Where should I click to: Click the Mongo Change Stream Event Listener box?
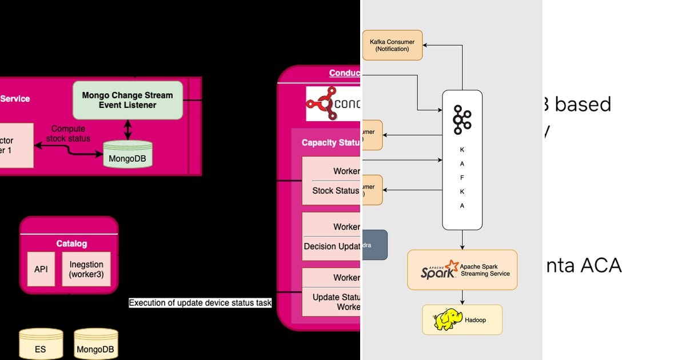pyautogui.click(x=127, y=100)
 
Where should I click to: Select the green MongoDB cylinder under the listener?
pyautogui.click(x=127, y=154)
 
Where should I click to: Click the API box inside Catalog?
pyautogui.click(x=41, y=269)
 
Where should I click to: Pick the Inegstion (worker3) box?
pyautogui.click(x=86, y=269)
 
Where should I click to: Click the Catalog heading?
pyautogui.click(x=71, y=243)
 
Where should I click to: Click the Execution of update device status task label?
pyautogui.click(x=200, y=303)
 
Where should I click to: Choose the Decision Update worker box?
pyautogui.click(x=332, y=237)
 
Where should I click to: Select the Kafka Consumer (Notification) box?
pyautogui.click(x=392, y=45)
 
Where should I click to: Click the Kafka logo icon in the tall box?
pyautogui.click(x=461, y=119)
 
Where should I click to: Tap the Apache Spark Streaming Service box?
pyautogui.click(x=462, y=270)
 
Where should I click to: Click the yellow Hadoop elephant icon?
pyautogui.click(x=446, y=319)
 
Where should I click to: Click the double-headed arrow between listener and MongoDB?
pyautogui.click(x=127, y=129)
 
